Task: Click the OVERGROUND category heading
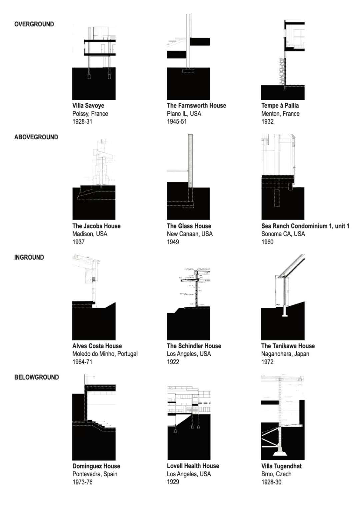point(34,24)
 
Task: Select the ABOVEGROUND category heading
point(36,137)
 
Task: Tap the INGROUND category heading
point(29,257)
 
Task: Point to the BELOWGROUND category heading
point(36,377)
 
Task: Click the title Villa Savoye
point(88,106)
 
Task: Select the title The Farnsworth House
point(196,106)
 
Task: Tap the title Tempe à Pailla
point(280,106)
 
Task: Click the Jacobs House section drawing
point(94,180)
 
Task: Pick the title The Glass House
point(189,226)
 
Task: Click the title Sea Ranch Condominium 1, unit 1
point(305,226)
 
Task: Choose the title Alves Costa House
point(97,346)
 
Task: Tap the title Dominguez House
point(96,466)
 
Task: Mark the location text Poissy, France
point(90,114)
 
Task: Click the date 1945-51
point(177,122)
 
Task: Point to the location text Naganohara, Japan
point(285,354)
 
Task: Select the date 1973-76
point(82,482)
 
